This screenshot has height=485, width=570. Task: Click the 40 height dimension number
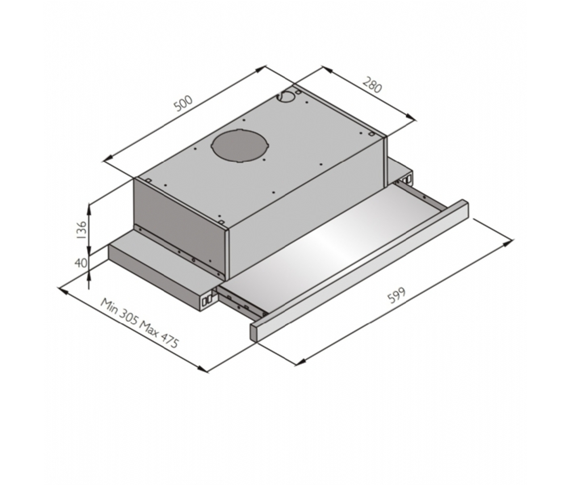coord(81,263)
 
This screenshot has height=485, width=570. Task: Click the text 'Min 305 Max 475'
coord(140,323)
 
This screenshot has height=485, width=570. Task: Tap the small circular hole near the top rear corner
coord(287,97)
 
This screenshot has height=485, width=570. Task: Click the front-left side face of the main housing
coord(180,226)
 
